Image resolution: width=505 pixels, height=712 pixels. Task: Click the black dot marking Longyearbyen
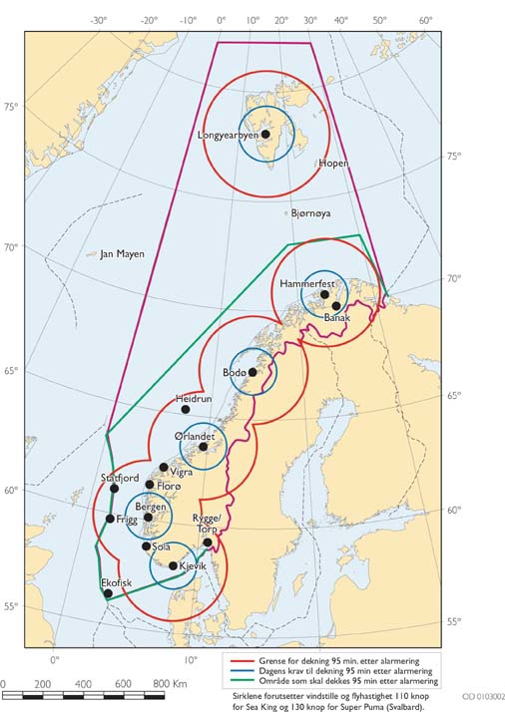[265, 134]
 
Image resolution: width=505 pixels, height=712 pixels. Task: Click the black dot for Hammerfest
[324, 294]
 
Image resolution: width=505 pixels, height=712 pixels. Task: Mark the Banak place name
[337, 317]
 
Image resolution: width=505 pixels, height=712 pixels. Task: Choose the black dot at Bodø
[252, 372]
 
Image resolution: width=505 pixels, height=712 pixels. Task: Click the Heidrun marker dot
[185, 409]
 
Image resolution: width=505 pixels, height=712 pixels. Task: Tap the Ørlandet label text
[194, 437]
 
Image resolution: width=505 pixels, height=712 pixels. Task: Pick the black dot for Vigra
[164, 467]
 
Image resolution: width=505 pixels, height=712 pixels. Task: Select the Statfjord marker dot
[115, 488]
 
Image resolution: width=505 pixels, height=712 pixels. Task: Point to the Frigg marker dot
[110, 519]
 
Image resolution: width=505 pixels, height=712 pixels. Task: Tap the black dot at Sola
[147, 545]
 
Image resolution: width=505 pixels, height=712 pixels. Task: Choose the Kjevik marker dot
[173, 565]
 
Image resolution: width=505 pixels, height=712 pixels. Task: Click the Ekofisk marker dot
[108, 593]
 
